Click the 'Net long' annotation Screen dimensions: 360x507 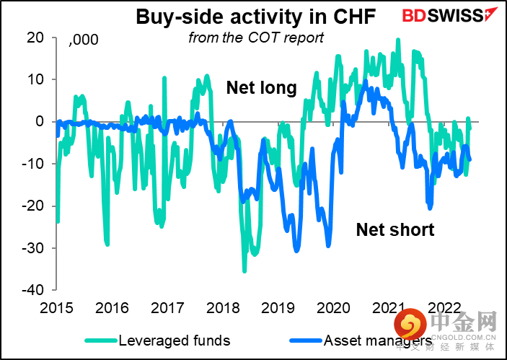coord(261,88)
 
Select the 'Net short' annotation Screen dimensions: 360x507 coord(395,230)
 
